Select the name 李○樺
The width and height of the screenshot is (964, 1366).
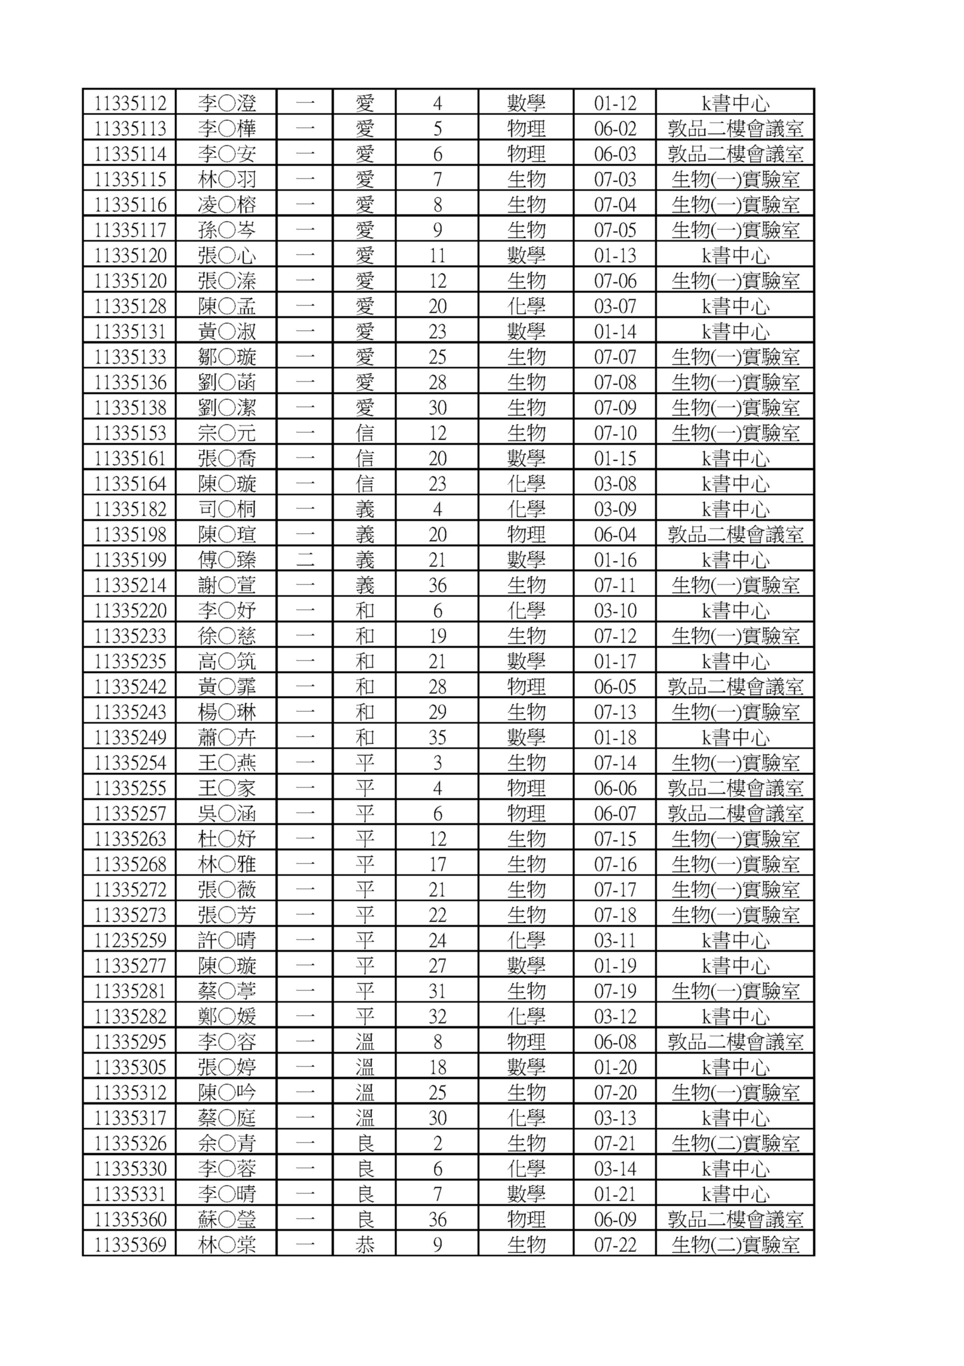coord(227,128)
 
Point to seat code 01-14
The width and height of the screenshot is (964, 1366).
coord(615,331)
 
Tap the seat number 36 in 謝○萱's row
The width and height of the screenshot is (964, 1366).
coord(437,585)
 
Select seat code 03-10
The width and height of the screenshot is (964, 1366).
coord(615,610)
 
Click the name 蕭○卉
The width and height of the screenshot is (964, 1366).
coord(227,737)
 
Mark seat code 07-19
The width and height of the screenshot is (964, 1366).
coord(615,991)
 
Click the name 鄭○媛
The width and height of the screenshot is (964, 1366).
coord(227,1016)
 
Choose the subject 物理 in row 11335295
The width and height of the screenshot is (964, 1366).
coord(526,1042)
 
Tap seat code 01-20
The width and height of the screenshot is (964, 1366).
coord(615,1067)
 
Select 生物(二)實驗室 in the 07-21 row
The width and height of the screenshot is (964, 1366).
coord(735,1143)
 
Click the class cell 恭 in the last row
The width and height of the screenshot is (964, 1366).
coord(364,1245)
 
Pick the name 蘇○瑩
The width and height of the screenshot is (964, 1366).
coord(227,1219)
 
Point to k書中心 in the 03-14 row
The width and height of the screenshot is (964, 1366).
coord(735,1169)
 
